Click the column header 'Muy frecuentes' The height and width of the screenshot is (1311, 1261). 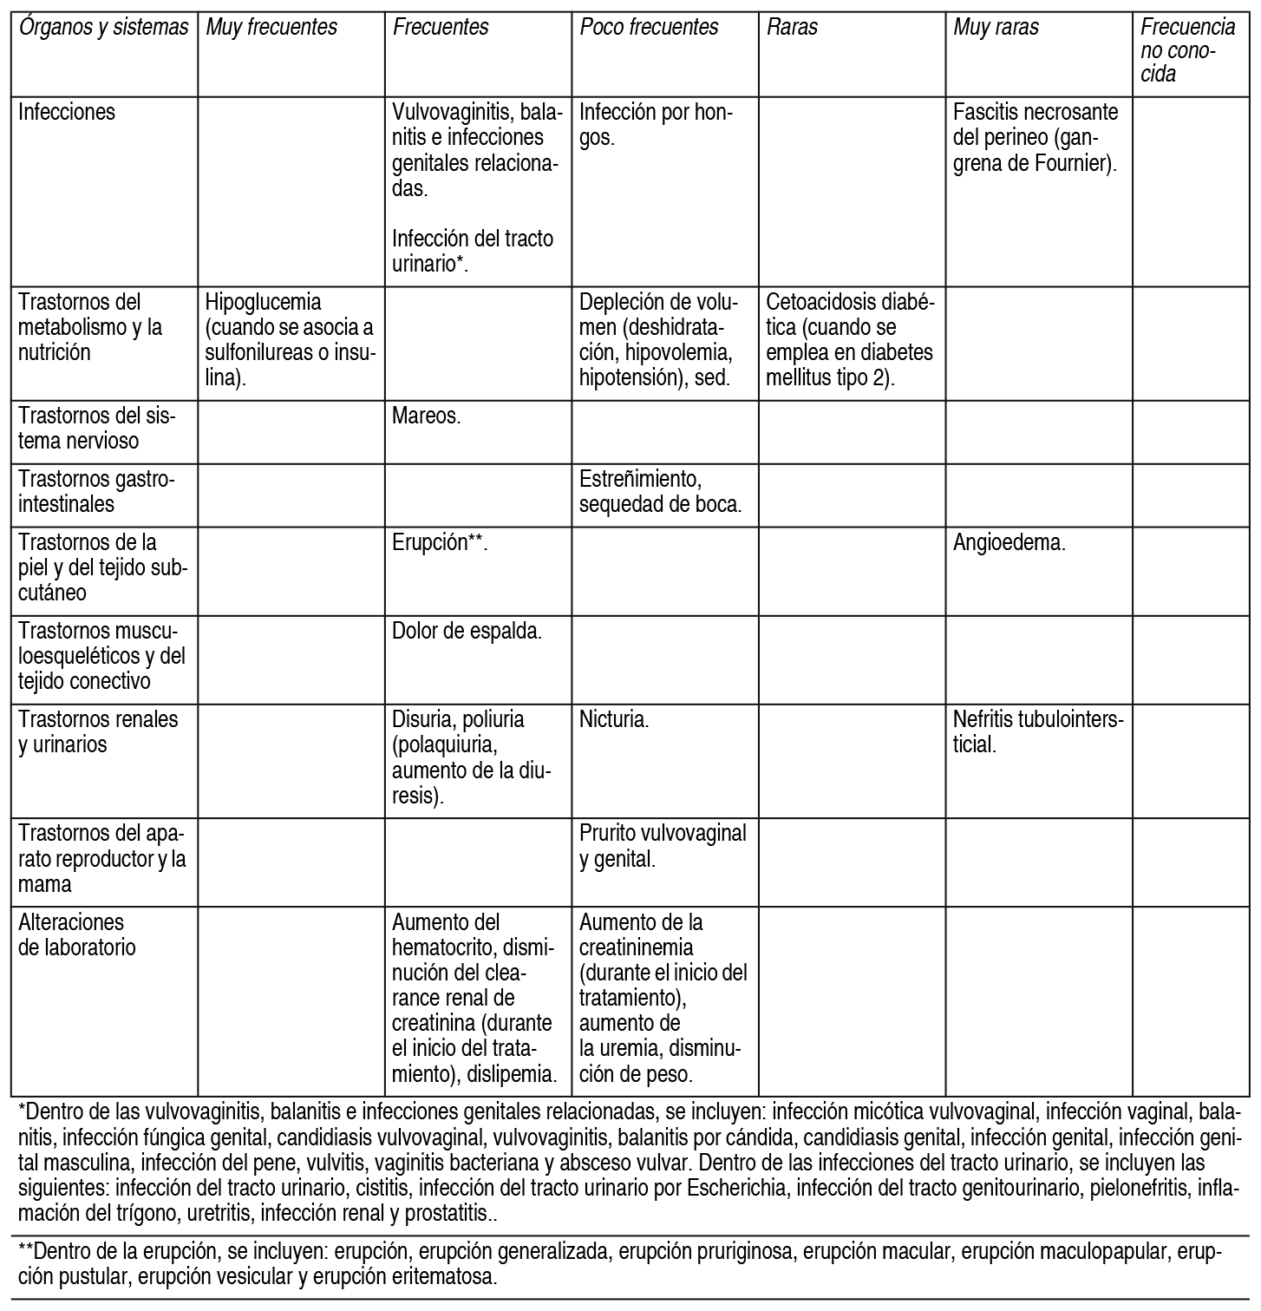click(x=271, y=28)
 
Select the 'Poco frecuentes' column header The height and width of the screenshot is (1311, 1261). click(x=649, y=28)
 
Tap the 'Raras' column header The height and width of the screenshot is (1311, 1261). click(x=793, y=28)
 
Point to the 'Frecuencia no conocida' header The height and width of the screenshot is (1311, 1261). click(x=1187, y=50)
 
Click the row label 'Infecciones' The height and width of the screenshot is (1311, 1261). click(x=67, y=112)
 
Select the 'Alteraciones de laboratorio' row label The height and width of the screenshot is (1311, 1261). click(x=77, y=934)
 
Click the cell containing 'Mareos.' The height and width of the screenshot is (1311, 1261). click(x=427, y=416)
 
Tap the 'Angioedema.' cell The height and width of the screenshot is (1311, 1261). click(x=1009, y=543)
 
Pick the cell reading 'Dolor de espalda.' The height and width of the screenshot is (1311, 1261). click(x=467, y=632)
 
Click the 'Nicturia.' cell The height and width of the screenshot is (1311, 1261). click(x=614, y=719)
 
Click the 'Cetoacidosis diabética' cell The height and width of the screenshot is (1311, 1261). click(x=850, y=340)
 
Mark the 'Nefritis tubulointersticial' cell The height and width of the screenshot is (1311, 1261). click(x=1037, y=731)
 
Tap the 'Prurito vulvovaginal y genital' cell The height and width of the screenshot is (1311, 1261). click(x=663, y=846)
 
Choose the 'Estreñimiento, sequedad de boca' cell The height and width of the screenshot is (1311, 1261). click(x=660, y=491)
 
